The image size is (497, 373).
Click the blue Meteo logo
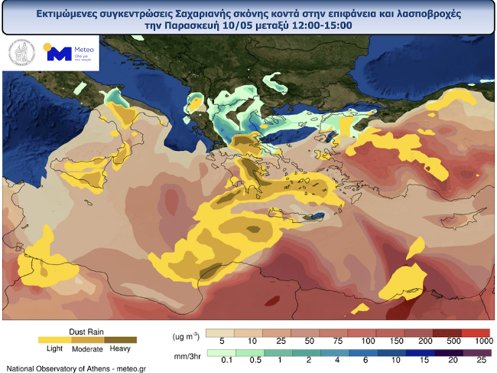click(58, 54)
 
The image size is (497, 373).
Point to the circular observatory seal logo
click(21, 54)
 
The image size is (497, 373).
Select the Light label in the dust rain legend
click(54, 348)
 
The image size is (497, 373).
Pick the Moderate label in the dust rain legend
click(87, 348)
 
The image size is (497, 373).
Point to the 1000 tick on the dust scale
click(481, 340)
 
